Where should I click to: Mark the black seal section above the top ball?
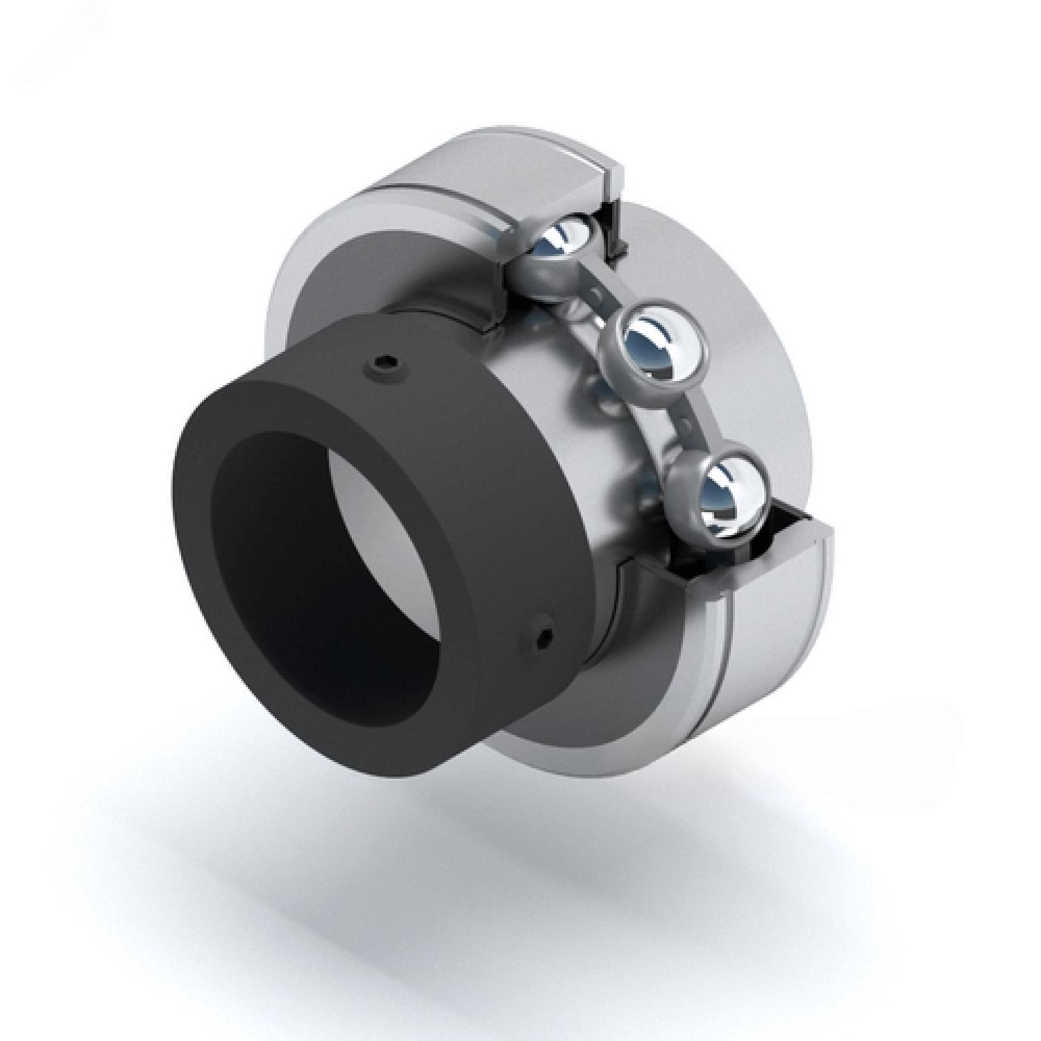(x=613, y=222)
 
